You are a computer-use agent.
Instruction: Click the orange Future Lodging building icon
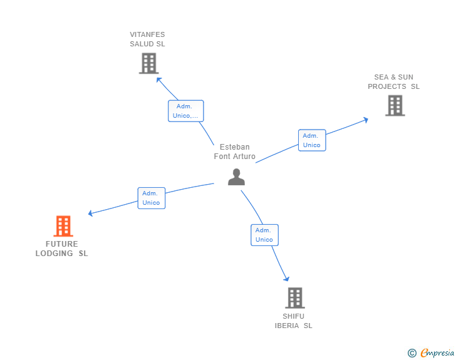coord(63,226)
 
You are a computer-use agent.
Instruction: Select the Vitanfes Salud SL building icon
coord(148,63)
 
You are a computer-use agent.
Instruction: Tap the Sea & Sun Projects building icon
coord(395,105)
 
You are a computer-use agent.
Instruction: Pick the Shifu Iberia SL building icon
coord(294,298)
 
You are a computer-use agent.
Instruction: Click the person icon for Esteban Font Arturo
coord(236,177)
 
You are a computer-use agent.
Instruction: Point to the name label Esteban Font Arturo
coord(235,152)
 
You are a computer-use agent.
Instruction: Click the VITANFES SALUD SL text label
coord(147,39)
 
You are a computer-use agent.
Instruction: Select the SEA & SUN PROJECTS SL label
coord(393,82)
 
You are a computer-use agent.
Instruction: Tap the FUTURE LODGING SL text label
coord(61,249)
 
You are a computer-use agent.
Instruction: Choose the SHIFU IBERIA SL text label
coord(293,321)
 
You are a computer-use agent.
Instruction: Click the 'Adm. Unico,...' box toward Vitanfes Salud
coord(185,111)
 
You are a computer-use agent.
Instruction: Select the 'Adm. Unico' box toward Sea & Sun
coord(311,140)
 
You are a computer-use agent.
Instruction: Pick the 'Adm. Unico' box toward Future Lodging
coord(151,198)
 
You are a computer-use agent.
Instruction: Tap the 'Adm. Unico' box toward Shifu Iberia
coord(264,235)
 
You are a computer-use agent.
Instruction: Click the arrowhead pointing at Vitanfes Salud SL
coord(159,80)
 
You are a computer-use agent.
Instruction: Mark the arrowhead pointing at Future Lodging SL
coord(91,213)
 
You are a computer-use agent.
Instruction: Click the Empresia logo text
coord(437,353)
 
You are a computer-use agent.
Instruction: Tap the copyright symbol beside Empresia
coord(412,353)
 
